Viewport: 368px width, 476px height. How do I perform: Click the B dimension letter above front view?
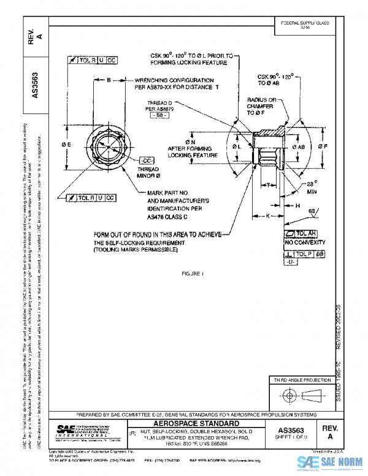click(x=108, y=80)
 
